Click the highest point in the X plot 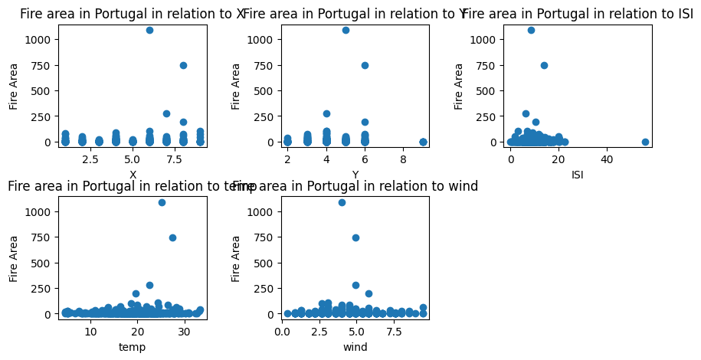tap(149, 30)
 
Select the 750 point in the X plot tap(183, 65)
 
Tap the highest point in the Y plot tap(346, 30)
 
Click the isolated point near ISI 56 tap(645, 142)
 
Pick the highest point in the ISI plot tap(531, 30)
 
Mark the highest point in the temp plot tap(162, 202)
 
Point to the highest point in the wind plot tap(342, 202)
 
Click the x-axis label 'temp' tap(133, 347)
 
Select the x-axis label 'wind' tap(355, 347)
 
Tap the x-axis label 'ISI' tap(578, 175)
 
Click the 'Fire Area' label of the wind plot tap(236, 258)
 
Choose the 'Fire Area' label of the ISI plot tap(459, 86)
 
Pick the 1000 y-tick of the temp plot tap(39, 211)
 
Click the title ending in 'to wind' tap(355, 186)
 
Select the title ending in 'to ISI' tap(578, 14)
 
